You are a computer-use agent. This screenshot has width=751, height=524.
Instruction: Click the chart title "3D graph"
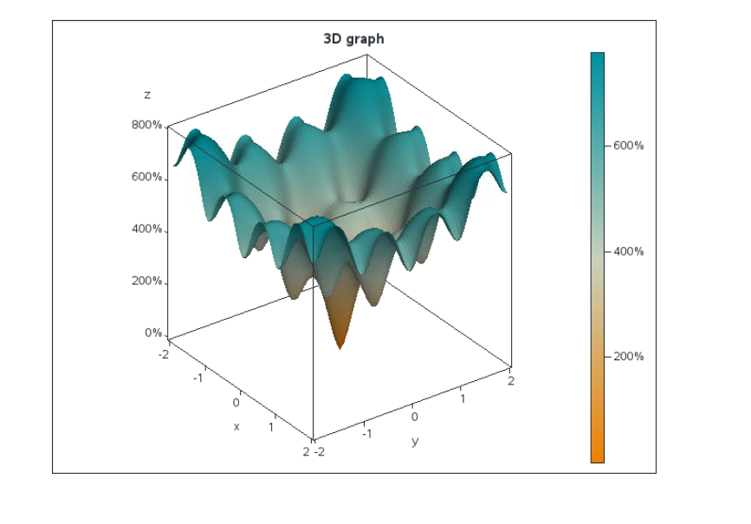point(353,39)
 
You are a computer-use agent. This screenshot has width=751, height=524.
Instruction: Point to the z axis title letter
point(147,94)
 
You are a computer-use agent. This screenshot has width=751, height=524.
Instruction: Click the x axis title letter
point(236,426)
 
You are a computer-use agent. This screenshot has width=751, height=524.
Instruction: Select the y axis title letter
point(414,441)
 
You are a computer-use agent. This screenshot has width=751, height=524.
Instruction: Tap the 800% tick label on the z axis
point(146,125)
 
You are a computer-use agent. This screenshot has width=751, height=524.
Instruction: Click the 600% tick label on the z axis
point(146,177)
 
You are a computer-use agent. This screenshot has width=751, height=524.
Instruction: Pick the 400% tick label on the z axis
point(146,229)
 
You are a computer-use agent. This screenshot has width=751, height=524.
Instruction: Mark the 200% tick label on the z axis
point(146,281)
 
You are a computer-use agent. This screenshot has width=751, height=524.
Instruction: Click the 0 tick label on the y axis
point(414,417)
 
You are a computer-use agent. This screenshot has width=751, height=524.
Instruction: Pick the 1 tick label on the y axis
point(463,398)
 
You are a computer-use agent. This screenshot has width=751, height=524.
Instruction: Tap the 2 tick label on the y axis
point(510,381)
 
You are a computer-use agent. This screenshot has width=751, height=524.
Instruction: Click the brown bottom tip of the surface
point(339,346)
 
